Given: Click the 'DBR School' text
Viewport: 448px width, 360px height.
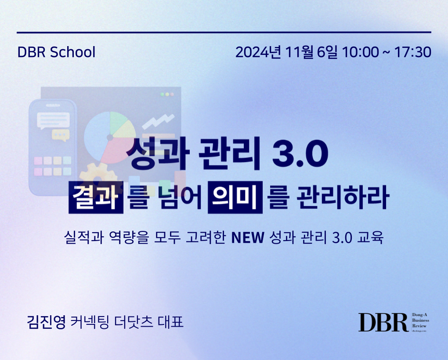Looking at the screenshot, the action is tap(56, 52).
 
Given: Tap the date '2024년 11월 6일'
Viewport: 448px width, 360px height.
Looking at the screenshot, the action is tap(286, 52).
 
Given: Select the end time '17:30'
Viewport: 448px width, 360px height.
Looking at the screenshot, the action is tap(413, 52).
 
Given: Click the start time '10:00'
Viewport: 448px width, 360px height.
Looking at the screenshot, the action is tap(360, 52).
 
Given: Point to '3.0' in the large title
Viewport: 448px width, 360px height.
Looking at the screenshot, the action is tap(300, 154).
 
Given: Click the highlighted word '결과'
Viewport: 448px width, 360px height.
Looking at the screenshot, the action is tap(96, 197).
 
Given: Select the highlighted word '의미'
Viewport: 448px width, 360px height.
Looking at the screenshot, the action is tap(235, 197).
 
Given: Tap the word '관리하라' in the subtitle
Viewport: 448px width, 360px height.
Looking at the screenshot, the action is tap(343, 197).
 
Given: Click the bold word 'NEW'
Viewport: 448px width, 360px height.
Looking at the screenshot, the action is tap(248, 238).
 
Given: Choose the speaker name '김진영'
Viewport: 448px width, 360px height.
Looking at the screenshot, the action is tap(47, 322).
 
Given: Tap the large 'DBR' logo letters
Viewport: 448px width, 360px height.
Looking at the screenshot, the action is tap(383, 322).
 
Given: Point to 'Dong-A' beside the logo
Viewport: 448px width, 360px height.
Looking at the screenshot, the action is tap(419, 315).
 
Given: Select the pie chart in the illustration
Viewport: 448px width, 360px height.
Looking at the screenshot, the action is tap(110, 137).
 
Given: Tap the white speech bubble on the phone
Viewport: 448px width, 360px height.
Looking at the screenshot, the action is tap(54, 120).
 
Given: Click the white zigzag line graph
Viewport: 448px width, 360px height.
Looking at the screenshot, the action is tap(158, 121).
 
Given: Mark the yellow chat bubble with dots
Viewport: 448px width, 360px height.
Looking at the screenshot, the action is tap(61, 135).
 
